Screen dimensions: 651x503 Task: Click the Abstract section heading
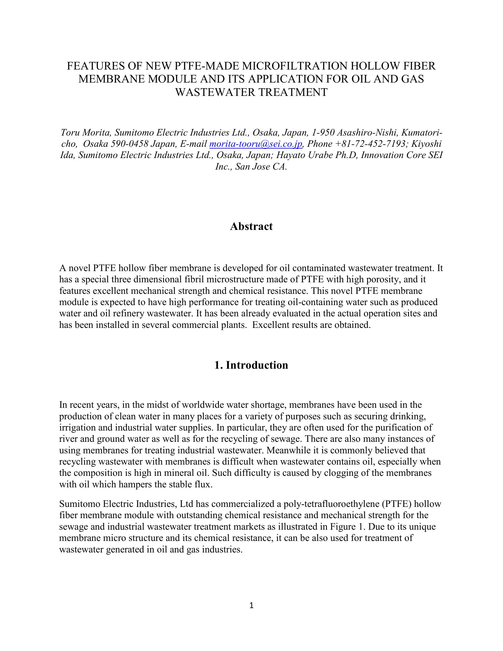(251, 227)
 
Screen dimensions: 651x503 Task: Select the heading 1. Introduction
(251, 365)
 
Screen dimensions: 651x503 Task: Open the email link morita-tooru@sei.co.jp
(256, 144)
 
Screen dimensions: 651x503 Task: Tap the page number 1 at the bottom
(251, 605)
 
